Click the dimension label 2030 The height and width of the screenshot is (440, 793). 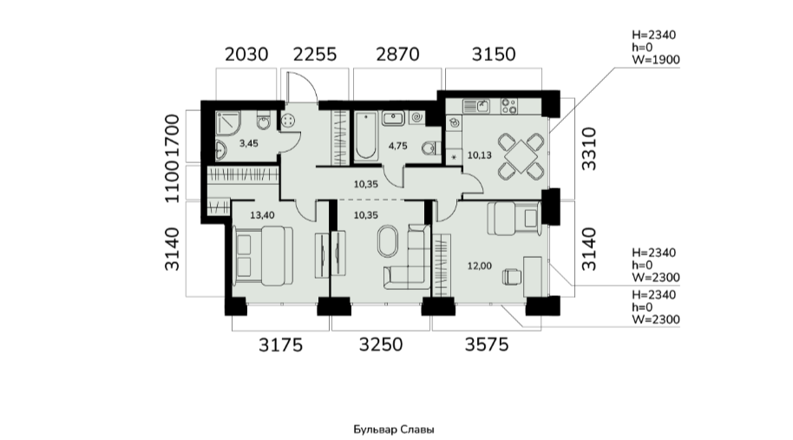point(246,54)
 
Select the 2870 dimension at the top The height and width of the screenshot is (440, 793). point(397,54)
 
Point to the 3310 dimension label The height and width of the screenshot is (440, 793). point(589,148)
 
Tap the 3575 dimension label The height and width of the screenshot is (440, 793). point(487,345)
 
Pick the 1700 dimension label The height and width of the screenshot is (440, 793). point(173,136)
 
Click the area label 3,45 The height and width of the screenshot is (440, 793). point(249,144)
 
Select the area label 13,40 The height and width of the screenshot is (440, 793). point(263,215)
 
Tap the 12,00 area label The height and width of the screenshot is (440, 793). point(480,266)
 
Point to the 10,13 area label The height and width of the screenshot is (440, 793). point(480,155)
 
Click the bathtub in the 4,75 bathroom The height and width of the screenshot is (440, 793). point(365,135)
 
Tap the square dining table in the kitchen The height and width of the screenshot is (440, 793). point(521,155)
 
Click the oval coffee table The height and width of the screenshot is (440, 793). point(389,243)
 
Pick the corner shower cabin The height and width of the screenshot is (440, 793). point(228,123)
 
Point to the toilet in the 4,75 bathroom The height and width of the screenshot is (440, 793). point(430,148)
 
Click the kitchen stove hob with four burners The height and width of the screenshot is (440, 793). point(508,106)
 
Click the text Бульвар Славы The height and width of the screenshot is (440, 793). point(394,430)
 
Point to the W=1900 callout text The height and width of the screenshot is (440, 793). point(656,60)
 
